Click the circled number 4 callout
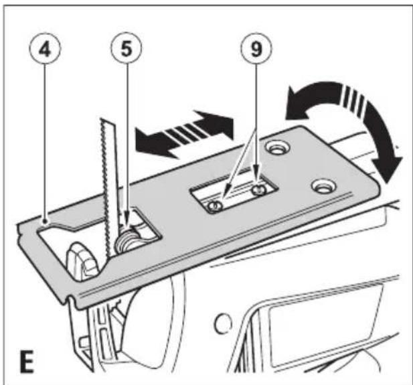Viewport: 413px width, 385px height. (x=45, y=49)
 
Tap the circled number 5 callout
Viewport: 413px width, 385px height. (x=127, y=49)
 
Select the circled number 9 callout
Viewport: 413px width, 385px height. (x=256, y=49)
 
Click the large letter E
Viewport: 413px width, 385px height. (x=27, y=362)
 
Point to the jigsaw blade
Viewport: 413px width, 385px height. (x=108, y=184)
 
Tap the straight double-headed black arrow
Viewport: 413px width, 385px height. (x=184, y=135)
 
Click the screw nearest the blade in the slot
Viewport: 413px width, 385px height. (x=214, y=206)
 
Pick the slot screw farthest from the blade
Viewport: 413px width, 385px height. (x=258, y=189)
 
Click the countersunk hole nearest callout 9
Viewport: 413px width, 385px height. (x=277, y=148)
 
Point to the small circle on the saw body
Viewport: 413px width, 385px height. (x=224, y=323)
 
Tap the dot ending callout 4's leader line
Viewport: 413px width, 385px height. (x=46, y=221)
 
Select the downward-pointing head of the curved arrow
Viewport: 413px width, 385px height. (x=387, y=169)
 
